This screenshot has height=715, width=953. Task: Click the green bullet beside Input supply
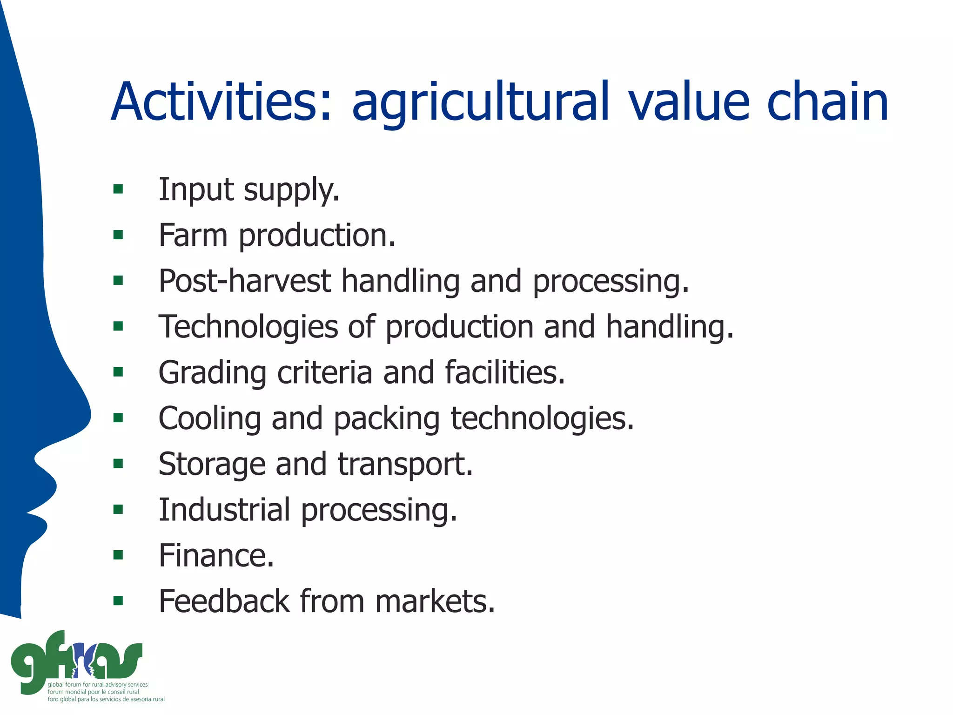[118, 189]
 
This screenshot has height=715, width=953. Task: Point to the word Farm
[193, 235]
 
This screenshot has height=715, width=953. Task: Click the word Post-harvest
[245, 281]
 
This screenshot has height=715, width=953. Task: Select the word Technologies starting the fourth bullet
[248, 327]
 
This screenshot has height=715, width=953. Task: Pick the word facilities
[504, 372]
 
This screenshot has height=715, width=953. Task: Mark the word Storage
[212, 465]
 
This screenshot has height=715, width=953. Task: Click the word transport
[405, 465]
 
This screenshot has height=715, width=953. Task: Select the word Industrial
[224, 509]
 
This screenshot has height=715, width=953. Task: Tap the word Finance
[216, 555]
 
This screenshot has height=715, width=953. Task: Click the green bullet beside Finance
[118, 555]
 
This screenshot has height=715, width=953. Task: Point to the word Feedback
[224, 601]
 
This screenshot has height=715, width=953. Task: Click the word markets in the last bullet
[435, 601]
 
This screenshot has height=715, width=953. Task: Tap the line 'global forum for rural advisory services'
[97, 685]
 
